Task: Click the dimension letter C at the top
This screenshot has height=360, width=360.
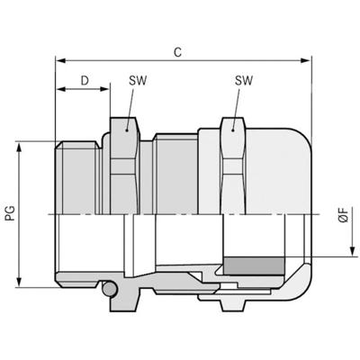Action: (x=179, y=53)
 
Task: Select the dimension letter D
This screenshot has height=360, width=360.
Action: (x=84, y=81)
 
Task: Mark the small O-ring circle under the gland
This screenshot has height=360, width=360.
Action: (x=108, y=290)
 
